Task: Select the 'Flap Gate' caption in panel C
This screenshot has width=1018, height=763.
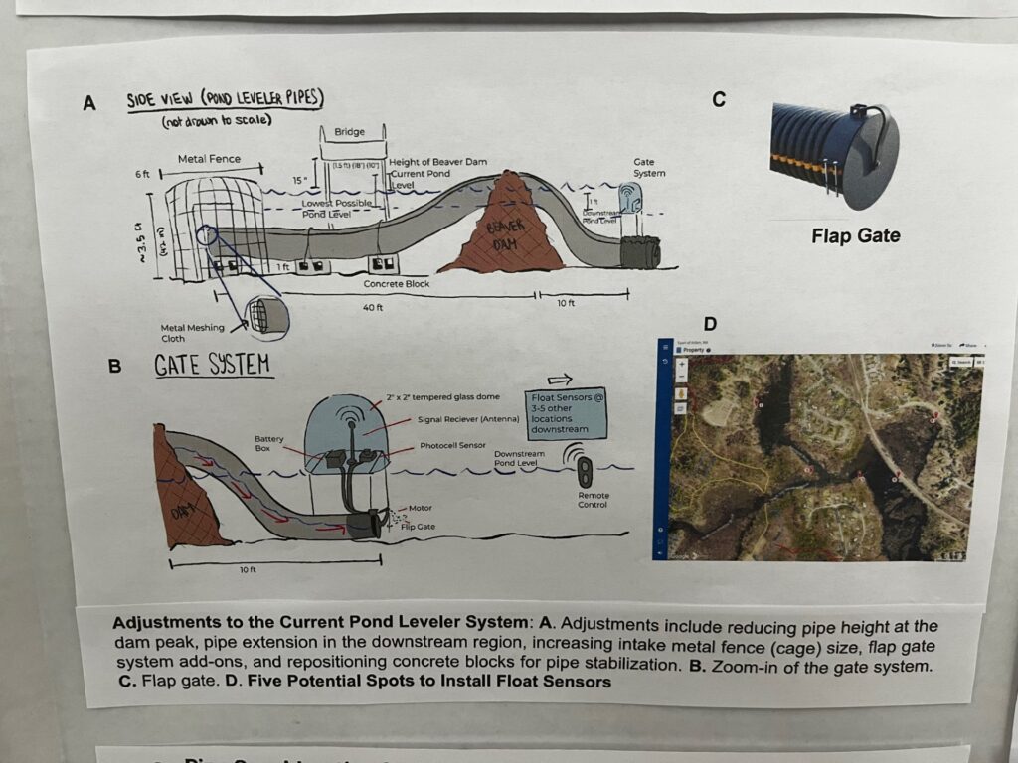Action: click(x=855, y=236)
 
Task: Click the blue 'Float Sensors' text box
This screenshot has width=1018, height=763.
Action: click(x=567, y=413)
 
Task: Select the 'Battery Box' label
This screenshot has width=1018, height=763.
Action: click(x=269, y=443)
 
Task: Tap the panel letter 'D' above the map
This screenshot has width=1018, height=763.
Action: click(x=710, y=323)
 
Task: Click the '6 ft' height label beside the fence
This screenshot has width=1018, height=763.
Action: click(x=141, y=174)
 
